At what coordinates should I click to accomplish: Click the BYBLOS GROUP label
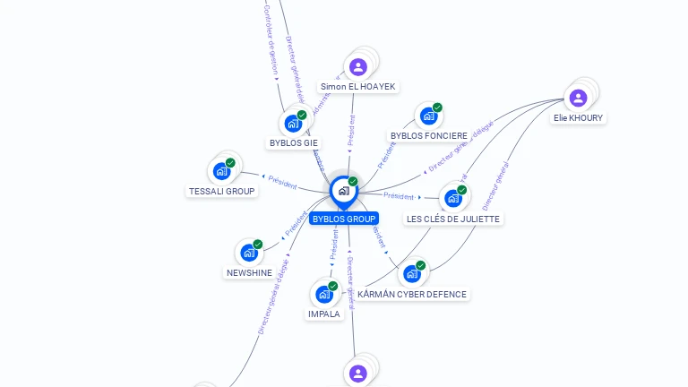coord(344,219)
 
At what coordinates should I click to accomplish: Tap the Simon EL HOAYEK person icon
coord(358,67)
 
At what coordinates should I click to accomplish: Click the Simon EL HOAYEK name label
coord(357,87)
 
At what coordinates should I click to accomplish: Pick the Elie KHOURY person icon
coord(578,98)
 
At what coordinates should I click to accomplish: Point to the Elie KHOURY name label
coord(578,117)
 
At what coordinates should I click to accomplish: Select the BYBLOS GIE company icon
coord(292,123)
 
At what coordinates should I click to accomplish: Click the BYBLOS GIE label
coord(293,142)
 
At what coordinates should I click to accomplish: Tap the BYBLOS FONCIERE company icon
coord(428,116)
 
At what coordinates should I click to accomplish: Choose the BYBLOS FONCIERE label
coord(429,136)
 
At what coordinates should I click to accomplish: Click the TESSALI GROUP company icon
coord(221,171)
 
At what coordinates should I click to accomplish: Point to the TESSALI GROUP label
coord(222,191)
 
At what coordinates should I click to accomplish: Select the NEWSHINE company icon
coord(249,253)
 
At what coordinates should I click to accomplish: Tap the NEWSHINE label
coord(249,272)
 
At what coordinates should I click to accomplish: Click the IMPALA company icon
coord(323,294)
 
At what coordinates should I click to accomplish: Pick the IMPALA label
coord(324,314)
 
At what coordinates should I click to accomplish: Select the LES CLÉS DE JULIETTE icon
coord(452,198)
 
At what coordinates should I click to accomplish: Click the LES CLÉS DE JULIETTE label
coord(454,219)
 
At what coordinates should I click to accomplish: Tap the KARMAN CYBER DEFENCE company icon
coord(412,273)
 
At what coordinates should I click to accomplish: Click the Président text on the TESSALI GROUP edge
coord(281,183)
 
